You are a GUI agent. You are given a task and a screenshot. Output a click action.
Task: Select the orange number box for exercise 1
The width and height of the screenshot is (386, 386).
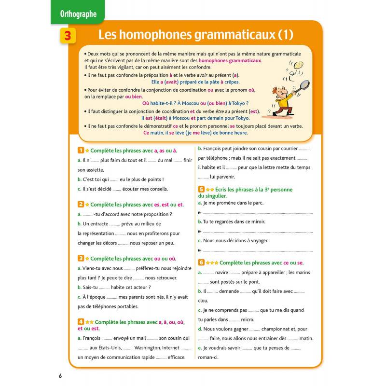coord(81,151)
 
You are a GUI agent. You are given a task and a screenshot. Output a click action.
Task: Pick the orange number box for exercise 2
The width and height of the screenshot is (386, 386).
coord(81,205)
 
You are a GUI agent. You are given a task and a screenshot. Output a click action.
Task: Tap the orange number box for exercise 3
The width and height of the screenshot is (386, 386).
coord(81,259)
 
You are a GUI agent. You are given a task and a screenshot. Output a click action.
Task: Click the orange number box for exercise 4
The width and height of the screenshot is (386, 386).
coord(81,321)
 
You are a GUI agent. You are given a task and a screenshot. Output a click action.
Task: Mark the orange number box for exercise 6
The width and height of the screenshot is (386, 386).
coord(201,262)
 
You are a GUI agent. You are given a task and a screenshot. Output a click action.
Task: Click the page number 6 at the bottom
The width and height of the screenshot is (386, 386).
coord(60,376)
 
